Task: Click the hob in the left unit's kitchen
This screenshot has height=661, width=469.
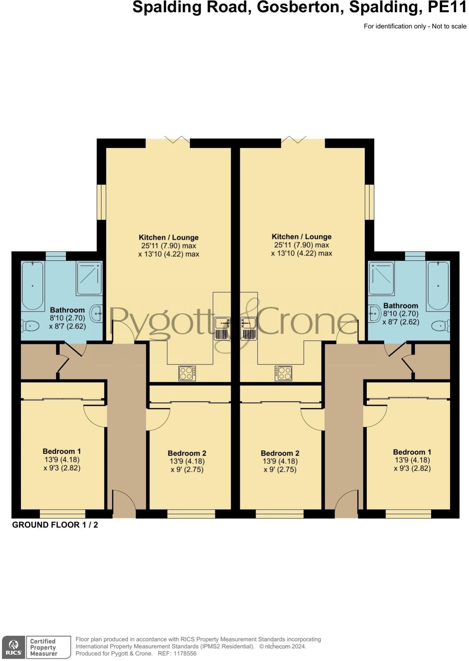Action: point(187,373)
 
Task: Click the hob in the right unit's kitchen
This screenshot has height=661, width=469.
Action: point(284,373)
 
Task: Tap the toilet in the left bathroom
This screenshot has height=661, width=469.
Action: point(30,326)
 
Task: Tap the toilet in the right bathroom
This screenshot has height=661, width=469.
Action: point(440,326)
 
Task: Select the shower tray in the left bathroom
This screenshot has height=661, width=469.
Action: point(89,278)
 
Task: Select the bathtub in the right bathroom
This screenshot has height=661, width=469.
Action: point(438,286)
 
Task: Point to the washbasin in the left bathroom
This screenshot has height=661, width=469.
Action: point(97,314)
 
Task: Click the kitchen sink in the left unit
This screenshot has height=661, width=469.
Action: point(222,328)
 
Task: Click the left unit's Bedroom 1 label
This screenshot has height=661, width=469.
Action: point(62,451)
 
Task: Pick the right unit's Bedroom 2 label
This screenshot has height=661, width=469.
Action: point(280,453)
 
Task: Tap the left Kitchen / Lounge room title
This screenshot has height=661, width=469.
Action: point(168,237)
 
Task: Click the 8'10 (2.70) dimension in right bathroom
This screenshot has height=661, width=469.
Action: point(400,314)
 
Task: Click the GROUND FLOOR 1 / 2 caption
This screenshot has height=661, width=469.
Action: point(55,525)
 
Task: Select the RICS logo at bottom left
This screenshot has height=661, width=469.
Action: point(13,647)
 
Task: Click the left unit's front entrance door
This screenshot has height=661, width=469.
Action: point(124,504)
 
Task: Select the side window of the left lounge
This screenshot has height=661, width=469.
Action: point(102,202)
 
